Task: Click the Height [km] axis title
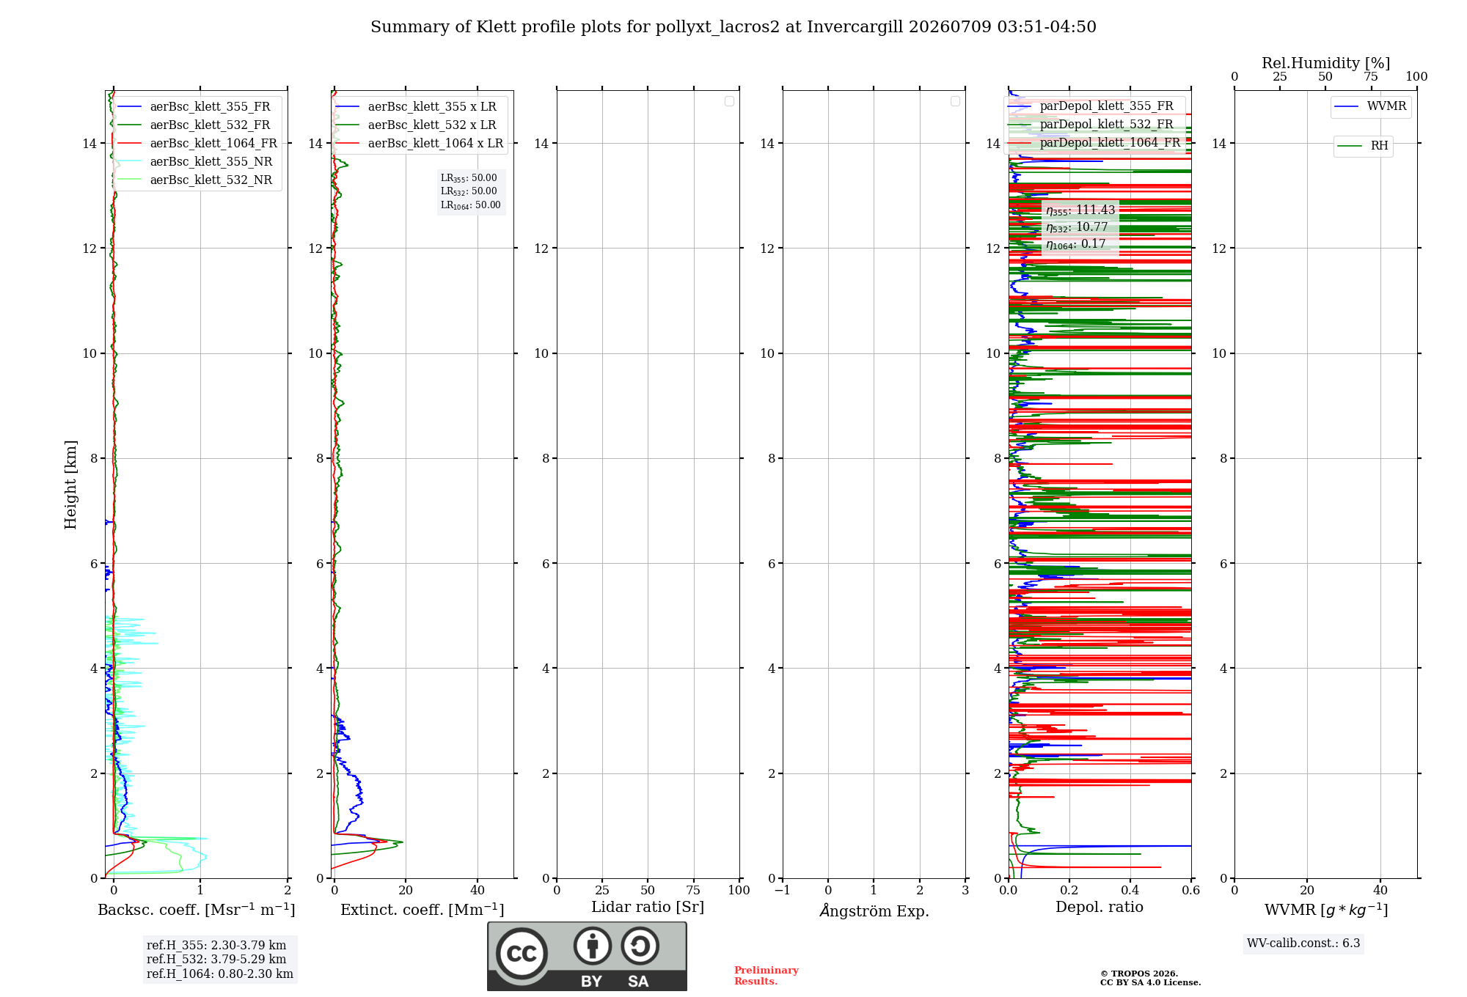click(x=70, y=485)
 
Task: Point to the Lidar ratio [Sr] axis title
click(x=648, y=908)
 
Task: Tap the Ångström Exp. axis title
click(x=874, y=910)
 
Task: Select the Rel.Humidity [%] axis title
click(x=1326, y=63)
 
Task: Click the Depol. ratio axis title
click(x=1100, y=907)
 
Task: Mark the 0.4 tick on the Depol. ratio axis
click(x=1130, y=890)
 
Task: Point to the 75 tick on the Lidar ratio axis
click(x=693, y=890)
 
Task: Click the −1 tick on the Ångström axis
click(x=783, y=890)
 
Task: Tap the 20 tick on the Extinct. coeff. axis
click(x=406, y=890)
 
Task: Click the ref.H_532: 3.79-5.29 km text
click(x=216, y=959)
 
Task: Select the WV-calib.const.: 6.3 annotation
click(x=1303, y=943)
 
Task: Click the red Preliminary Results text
click(x=767, y=976)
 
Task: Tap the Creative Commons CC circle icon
click(x=522, y=953)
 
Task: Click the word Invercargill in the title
click(x=855, y=27)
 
